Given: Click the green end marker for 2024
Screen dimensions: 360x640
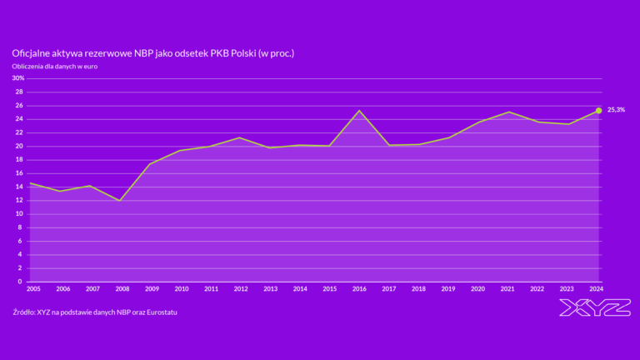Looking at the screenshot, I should (598, 110).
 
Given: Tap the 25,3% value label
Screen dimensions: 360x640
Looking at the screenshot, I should (616, 110).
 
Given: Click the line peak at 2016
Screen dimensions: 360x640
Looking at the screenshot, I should (359, 111).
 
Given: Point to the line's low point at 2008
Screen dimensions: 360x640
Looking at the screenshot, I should (121, 201).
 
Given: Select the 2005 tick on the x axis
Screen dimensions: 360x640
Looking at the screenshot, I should (33, 288).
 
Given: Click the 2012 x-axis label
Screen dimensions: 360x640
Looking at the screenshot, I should (241, 288).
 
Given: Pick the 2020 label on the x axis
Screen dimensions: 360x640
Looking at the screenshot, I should (478, 288).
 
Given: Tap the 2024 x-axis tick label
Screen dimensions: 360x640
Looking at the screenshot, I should (597, 288).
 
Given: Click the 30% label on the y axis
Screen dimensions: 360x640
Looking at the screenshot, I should (18, 78).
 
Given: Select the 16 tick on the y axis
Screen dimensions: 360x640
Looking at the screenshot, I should (19, 173).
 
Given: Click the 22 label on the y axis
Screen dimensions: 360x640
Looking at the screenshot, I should (19, 132).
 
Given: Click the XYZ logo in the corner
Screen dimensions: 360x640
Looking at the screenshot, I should (595, 307).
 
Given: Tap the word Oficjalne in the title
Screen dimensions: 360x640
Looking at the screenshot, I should (30, 52).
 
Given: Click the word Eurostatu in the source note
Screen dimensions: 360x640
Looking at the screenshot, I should (158, 312).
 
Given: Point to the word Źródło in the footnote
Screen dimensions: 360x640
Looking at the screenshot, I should (24, 312).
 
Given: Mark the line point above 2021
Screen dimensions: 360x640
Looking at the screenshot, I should (508, 112).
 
